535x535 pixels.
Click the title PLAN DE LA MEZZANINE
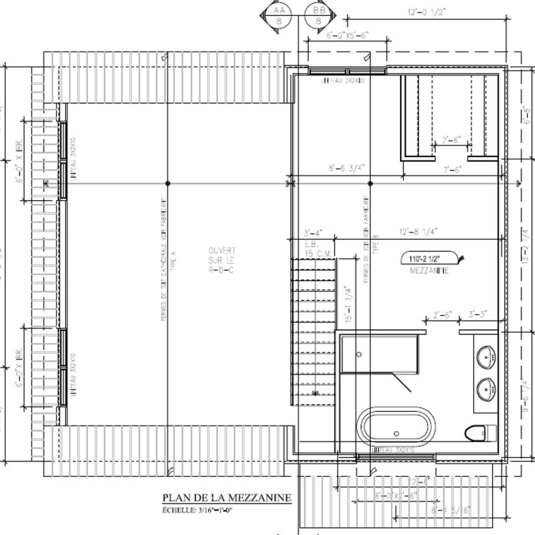coord(225,498)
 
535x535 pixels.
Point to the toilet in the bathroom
coord(477,432)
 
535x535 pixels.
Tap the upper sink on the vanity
coord(486,354)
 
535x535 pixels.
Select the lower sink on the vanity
coord(486,386)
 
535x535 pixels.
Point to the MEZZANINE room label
coord(429,272)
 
